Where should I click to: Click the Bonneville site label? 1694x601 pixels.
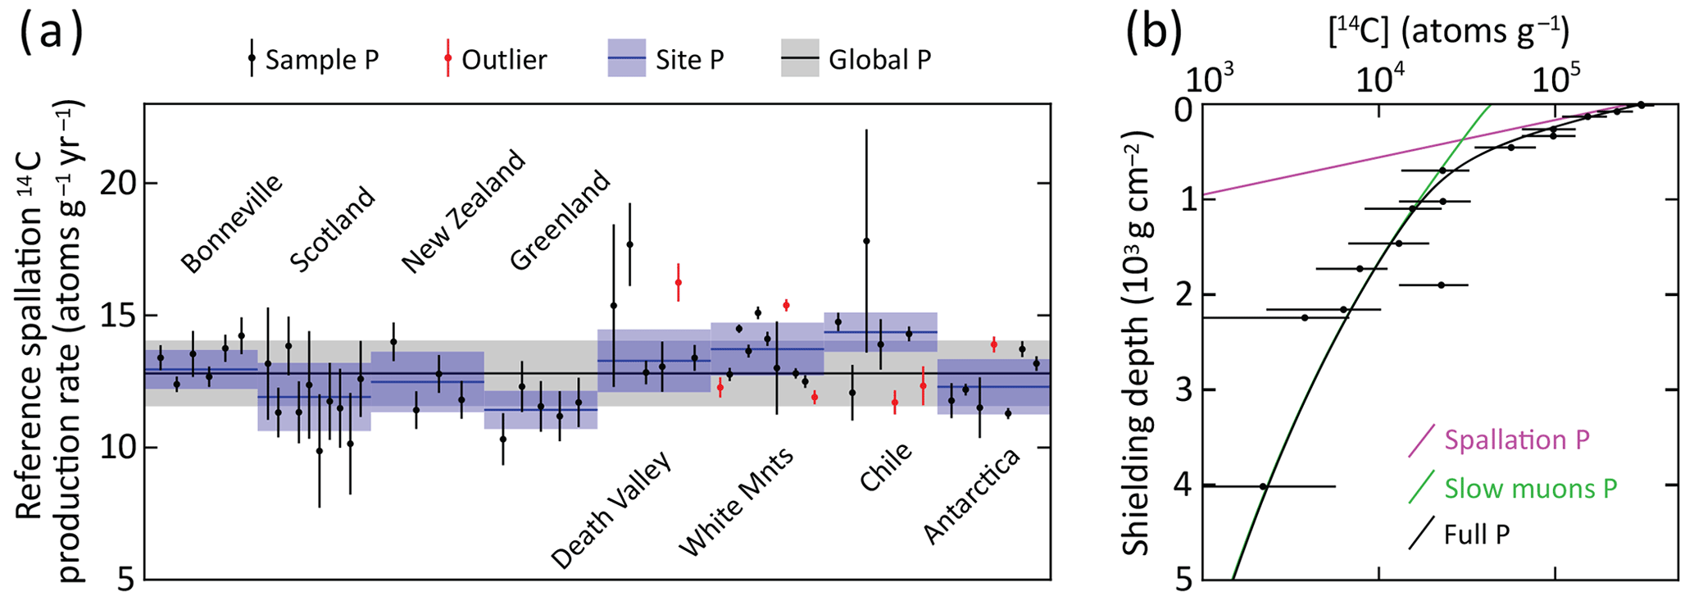point(231,223)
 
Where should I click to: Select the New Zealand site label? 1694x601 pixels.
point(463,211)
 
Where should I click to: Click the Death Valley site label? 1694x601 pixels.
point(611,509)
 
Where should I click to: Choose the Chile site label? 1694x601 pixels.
point(885,467)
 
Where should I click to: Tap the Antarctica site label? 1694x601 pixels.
point(972,496)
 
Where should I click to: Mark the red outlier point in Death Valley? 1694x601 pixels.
point(678,282)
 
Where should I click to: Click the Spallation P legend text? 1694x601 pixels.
point(1516,440)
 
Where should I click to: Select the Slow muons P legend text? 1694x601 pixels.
point(1530,489)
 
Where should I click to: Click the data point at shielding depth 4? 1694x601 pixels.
point(1263,486)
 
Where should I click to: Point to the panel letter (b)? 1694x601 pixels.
point(1153,32)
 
